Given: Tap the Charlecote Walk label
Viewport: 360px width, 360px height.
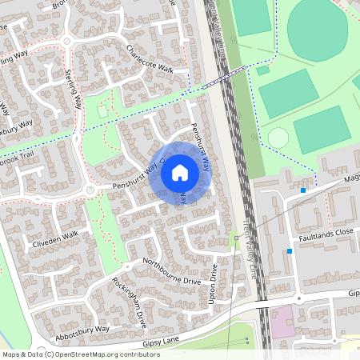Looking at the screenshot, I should [x=150, y=58].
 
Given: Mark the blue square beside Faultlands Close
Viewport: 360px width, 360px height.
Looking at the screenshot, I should [x=290, y=251].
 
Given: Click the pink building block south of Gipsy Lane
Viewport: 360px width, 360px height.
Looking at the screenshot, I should [x=282, y=322].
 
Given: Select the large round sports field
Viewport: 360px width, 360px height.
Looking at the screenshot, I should [x=319, y=30].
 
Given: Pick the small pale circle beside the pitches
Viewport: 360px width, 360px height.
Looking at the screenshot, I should [x=278, y=138].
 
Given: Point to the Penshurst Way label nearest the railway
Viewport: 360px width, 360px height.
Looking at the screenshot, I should [x=199, y=147].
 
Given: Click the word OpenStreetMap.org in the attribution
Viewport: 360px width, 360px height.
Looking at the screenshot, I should [x=85, y=354].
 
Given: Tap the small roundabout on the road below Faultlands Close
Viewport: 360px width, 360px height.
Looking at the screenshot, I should [x=299, y=297].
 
